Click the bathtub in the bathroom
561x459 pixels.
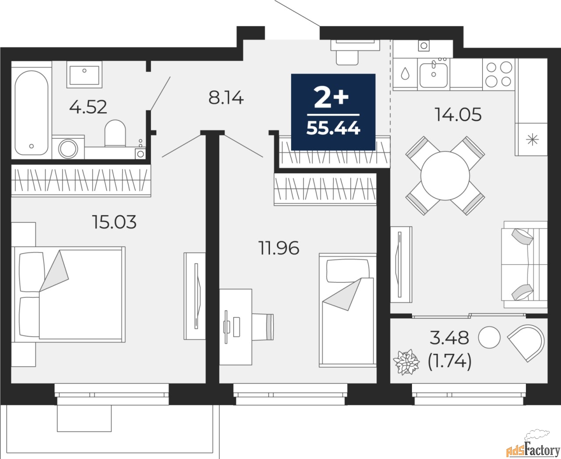point(32,113)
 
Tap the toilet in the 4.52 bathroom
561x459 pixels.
point(115,133)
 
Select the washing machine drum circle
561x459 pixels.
point(68,149)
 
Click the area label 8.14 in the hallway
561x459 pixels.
point(226,98)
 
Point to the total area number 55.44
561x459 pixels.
point(333,129)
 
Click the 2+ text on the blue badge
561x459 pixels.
point(331,98)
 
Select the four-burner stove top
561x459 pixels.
point(499,74)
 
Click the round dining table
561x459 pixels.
point(445,176)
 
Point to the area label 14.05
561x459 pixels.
point(458,115)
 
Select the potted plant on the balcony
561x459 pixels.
point(406,362)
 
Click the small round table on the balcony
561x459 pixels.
point(489,337)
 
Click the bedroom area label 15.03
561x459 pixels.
point(114,222)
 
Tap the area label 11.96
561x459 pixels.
point(279,248)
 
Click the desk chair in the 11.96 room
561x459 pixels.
point(263,327)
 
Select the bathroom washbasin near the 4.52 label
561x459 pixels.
point(84,74)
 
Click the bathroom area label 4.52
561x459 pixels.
point(88,107)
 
